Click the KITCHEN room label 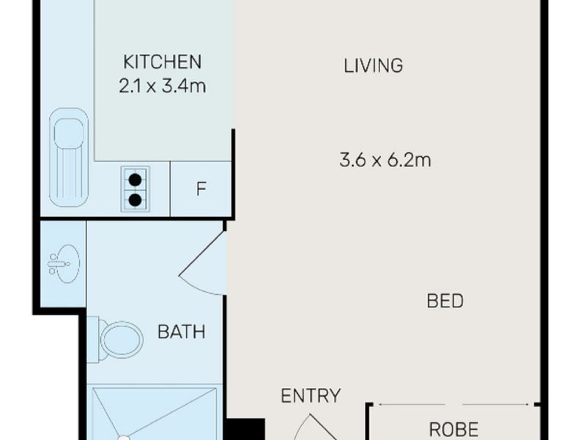point(162,61)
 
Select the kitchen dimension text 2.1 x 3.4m point(162,86)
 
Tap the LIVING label point(374,65)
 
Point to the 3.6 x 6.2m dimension point(385,160)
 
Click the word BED point(445,301)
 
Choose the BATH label point(182,332)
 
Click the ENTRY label point(311,396)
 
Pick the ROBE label point(453,428)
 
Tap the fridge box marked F point(201,188)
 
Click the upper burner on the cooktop point(136,180)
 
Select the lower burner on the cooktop point(136,198)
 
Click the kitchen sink point(68,156)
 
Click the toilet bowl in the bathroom point(122,340)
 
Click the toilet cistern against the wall point(92,339)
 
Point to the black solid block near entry point(245,429)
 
